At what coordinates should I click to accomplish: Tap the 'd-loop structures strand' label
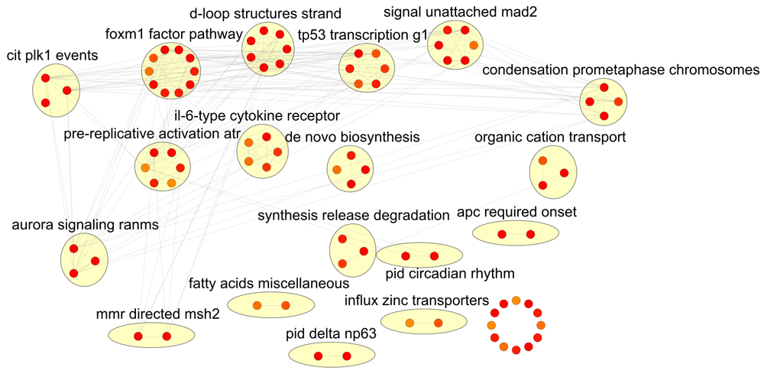point(254,14)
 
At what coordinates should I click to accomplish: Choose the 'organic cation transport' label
point(550,138)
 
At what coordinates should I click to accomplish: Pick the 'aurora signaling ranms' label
point(85,225)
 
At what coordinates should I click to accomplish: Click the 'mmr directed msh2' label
point(158,314)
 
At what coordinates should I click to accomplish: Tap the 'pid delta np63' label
point(331,333)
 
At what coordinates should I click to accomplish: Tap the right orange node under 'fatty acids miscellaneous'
point(286,306)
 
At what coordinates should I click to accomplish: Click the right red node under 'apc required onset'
point(530,234)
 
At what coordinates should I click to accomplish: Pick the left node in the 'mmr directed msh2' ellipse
point(138,336)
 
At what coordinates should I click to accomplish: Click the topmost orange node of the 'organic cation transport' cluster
point(542,161)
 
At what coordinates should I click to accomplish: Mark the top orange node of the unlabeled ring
point(516,300)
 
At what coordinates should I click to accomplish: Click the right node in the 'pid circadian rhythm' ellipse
point(434,256)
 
